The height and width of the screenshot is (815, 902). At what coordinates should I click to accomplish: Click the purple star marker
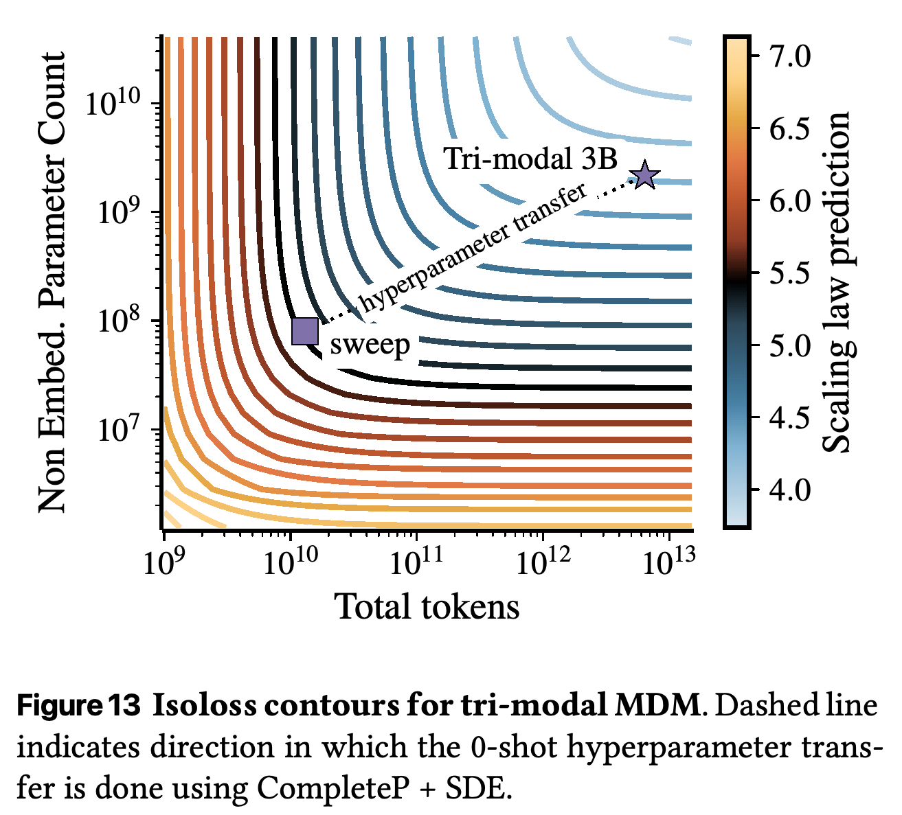[645, 175]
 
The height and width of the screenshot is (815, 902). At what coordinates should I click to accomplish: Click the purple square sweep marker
[305, 332]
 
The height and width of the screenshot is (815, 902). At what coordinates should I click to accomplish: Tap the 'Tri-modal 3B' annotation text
[530, 158]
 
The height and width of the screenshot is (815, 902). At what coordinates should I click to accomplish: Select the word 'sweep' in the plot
[370, 345]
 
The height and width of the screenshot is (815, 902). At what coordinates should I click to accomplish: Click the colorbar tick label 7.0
[789, 57]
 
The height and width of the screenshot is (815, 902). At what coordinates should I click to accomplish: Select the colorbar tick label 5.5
[789, 273]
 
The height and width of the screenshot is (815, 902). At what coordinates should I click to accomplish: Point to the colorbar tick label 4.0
[789, 490]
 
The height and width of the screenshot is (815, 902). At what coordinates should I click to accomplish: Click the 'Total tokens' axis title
[427, 606]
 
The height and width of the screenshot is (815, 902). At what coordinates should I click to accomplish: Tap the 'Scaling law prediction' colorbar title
[837, 282]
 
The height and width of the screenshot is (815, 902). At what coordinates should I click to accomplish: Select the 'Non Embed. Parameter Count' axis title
[52, 282]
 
